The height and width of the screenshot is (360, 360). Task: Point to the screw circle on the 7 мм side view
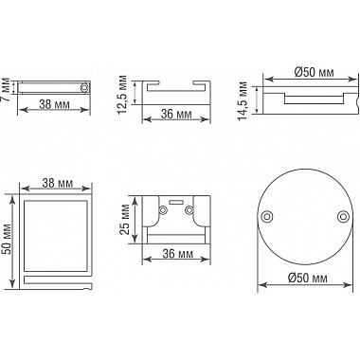(84, 87)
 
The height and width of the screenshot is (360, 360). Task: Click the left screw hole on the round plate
(266, 216)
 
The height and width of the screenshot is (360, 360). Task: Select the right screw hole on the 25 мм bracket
(189, 210)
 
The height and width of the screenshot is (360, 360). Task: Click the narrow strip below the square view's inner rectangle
(57, 281)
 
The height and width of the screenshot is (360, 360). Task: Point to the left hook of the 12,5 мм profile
(152, 87)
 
